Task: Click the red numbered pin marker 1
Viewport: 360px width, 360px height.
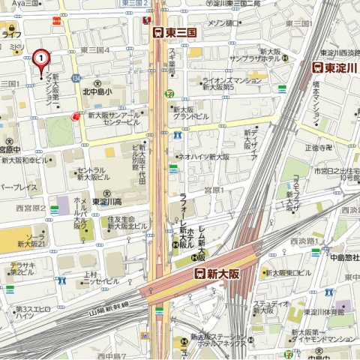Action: [40, 58]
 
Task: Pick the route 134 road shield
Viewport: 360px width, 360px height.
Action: [76, 78]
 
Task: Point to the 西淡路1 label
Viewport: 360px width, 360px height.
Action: [304, 241]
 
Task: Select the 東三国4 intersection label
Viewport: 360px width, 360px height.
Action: [95, 50]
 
